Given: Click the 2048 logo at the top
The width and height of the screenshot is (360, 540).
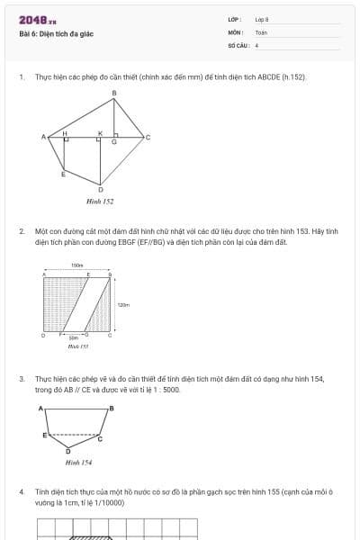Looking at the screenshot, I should [x=37, y=20].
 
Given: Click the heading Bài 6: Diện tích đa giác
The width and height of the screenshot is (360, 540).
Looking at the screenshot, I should [x=56, y=34].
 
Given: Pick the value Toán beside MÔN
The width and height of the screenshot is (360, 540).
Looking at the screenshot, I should [x=261, y=31].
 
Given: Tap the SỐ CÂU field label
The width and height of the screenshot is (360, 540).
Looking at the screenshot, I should [x=237, y=44].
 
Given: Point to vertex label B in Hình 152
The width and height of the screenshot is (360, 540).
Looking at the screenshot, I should [x=114, y=93].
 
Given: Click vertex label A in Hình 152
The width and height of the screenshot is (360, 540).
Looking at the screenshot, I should [x=43, y=137].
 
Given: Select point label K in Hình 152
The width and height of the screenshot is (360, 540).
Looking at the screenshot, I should [x=100, y=132].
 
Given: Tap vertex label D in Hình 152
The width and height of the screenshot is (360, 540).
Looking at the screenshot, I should [x=100, y=190].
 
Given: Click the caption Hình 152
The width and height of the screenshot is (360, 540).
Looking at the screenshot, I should [x=100, y=202].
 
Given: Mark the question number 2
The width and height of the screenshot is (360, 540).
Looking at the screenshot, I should [x=22, y=230].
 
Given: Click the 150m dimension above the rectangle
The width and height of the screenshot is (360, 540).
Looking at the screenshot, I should [x=76, y=266].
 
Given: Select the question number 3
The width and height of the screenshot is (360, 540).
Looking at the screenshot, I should [x=22, y=379].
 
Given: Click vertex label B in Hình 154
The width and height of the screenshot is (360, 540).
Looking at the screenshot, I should [x=111, y=408].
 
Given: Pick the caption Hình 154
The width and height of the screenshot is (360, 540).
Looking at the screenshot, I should [x=78, y=462].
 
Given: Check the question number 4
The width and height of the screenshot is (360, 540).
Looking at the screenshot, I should [x=22, y=492].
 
